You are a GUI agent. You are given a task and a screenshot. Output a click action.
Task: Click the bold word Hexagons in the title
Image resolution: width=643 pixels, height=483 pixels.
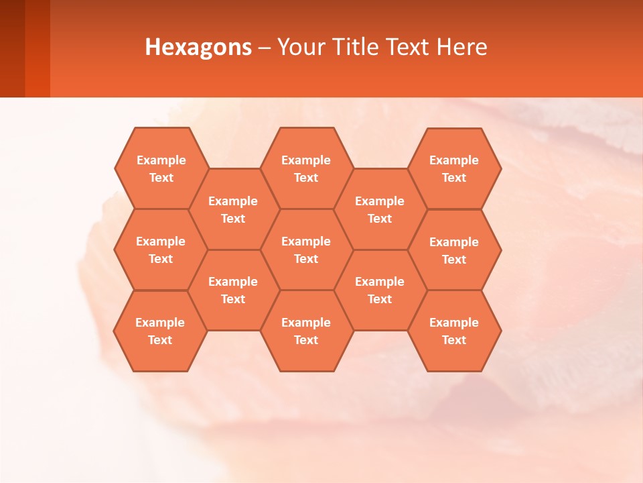tap(198, 47)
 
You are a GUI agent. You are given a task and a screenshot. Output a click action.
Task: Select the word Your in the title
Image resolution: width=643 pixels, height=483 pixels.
tap(299, 47)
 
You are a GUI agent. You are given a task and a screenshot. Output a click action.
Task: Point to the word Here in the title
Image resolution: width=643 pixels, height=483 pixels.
tap(462, 47)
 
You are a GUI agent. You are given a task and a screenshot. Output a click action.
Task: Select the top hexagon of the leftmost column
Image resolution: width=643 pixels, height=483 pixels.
tap(161, 168)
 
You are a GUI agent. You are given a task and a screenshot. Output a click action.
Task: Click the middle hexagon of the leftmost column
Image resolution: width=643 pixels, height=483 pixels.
tap(161, 250)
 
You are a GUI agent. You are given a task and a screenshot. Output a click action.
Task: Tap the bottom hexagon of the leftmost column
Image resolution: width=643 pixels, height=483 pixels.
tap(160, 331)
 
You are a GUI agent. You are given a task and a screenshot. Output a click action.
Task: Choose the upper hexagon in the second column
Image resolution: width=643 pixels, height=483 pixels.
tap(233, 209)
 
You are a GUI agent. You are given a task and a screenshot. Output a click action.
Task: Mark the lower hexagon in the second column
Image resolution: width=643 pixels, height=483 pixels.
tap(233, 290)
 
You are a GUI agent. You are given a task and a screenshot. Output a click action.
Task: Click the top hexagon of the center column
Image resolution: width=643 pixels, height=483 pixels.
tap(306, 168)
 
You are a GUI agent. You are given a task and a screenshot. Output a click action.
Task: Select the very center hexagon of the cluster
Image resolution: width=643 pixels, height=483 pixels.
tap(306, 250)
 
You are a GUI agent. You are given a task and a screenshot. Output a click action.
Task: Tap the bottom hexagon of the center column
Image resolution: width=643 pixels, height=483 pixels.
tap(306, 331)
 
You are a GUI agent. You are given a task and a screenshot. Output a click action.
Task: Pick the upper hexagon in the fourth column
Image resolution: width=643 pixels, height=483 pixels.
tap(380, 209)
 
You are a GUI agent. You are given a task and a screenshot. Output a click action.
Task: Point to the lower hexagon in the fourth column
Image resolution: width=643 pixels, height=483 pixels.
tap(380, 290)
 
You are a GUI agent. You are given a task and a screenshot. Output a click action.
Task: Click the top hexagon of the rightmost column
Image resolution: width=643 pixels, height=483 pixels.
tap(454, 168)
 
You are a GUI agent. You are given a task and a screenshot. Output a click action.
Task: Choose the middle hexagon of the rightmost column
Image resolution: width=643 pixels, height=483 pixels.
tap(454, 250)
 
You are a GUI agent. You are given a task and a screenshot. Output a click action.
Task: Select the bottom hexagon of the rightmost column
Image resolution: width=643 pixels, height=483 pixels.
tap(454, 331)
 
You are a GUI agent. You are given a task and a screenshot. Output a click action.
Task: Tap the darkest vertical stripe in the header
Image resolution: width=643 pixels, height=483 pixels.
tap(12, 48)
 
